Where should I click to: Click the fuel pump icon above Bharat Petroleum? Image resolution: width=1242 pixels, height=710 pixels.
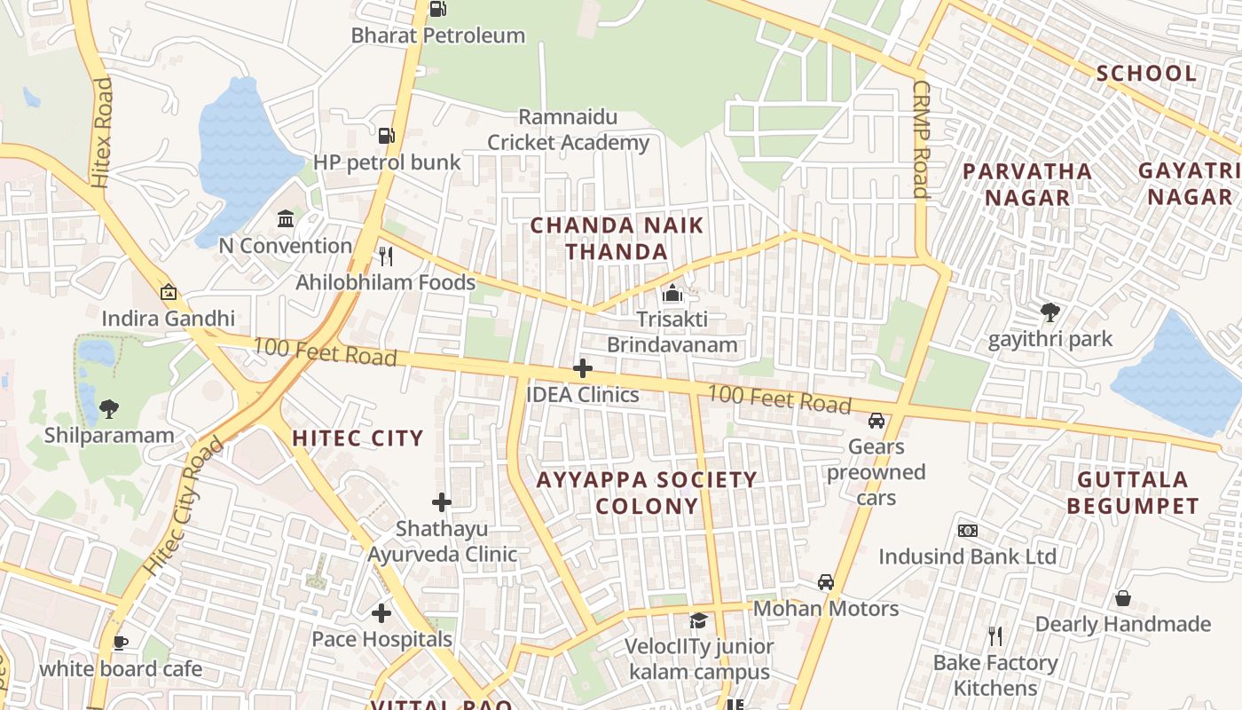point(437,9)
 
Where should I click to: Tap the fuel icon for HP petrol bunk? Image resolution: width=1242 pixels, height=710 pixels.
point(386,136)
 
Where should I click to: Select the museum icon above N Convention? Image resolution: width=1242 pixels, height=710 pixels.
point(286,218)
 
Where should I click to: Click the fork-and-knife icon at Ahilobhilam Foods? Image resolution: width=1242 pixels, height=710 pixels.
point(386,256)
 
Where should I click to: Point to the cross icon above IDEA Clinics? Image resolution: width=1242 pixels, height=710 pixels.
point(583,368)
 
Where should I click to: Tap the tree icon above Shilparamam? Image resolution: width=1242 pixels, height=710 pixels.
point(109,409)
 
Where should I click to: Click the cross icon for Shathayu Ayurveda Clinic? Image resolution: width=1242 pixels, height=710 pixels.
point(442,502)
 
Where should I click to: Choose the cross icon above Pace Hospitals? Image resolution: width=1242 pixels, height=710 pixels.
point(381,613)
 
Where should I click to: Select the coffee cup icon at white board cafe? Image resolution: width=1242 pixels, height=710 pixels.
point(121,643)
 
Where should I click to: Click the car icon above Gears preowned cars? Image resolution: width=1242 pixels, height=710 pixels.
point(876,421)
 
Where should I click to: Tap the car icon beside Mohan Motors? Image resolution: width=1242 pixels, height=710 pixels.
point(826,582)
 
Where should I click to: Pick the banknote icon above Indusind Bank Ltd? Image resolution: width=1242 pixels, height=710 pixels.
point(967,531)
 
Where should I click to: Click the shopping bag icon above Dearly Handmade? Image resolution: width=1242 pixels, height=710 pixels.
point(1122,598)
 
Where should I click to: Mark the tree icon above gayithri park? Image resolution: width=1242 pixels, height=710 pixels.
point(1050,312)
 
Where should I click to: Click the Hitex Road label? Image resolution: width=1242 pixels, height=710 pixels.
point(102,133)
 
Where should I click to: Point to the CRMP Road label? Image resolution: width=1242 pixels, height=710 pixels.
point(921,139)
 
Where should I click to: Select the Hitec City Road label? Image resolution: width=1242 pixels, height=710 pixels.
point(183,507)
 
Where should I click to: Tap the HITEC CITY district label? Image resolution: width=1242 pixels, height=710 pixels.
point(358,438)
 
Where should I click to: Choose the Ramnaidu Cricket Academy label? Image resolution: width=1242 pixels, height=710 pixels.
point(569,130)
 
